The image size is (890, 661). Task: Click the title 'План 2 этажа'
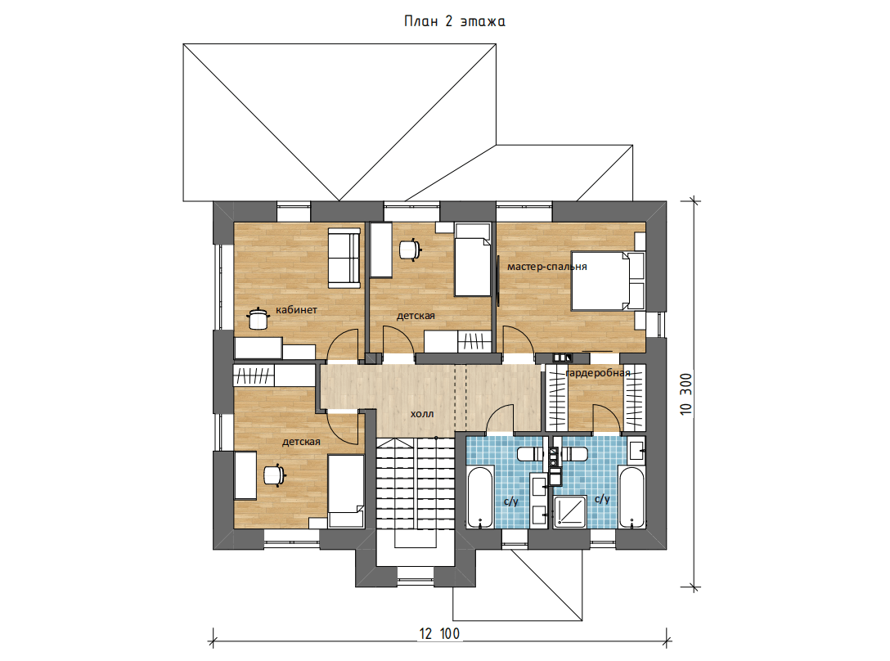point(454,21)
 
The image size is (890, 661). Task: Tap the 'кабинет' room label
point(296,310)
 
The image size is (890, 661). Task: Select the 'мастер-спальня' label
point(547,267)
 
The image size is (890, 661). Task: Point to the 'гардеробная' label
point(598,373)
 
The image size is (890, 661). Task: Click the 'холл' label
point(422,414)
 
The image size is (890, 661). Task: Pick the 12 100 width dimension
point(439,634)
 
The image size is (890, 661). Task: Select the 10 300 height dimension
point(686,394)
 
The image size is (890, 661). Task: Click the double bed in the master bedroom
point(608,281)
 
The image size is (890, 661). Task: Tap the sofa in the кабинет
point(344,258)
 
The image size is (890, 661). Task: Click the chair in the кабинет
point(258,318)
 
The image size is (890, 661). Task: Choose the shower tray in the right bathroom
point(570,511)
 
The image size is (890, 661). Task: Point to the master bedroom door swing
point(519,339)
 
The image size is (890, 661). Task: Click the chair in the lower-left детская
point(274,474)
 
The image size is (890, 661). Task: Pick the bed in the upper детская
point(473,259)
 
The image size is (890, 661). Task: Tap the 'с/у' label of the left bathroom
point(510,501)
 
